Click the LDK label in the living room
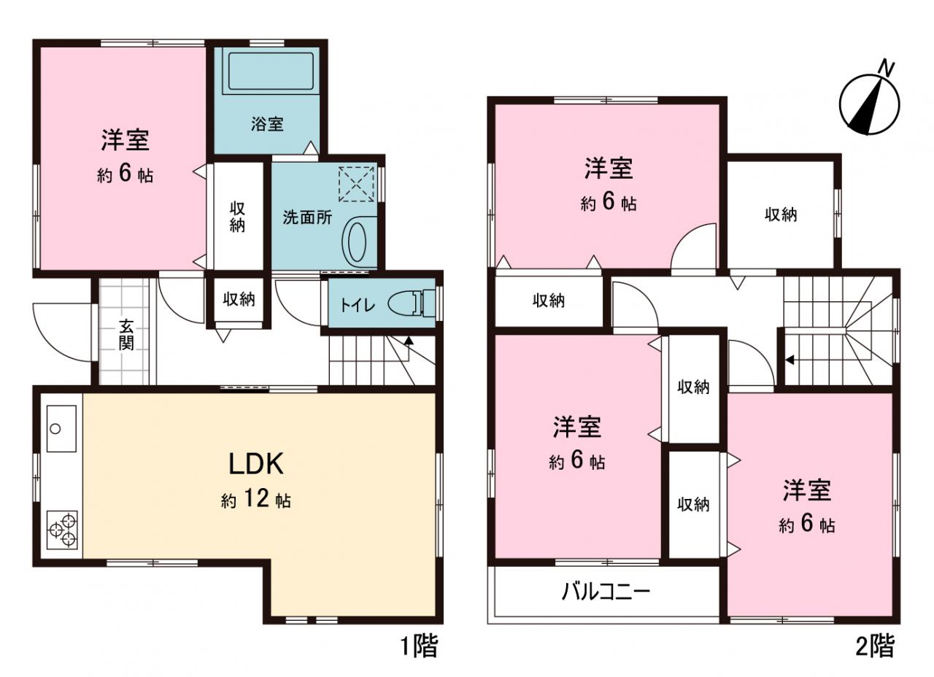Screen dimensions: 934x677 (x=256, y=463)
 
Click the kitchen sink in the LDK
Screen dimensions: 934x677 (x=61, y=428)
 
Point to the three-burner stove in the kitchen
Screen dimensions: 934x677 (x=62, y=530)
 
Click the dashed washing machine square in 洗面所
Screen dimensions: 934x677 (x=356, y=185)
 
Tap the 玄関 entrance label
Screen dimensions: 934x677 (x=126, y=334)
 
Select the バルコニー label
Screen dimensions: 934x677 (x=606, y=592)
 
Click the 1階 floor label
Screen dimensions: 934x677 (x=420, y=648)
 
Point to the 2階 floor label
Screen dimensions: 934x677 (x=875, y=647)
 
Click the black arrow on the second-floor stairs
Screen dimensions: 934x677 (x=790, y=360)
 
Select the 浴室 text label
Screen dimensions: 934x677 (x=267, y=124)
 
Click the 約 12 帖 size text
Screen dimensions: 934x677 (x=256, y=499)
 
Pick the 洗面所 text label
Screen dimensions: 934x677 (x=307, y=217)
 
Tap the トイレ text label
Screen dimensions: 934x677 (x=358, y=306)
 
